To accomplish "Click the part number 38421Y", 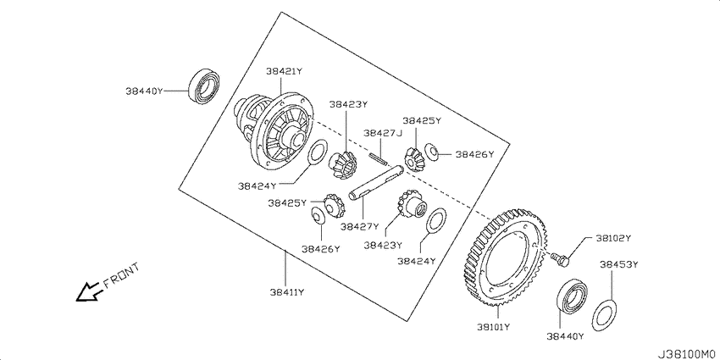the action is pos(285,71).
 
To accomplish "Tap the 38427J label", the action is pos(383,133).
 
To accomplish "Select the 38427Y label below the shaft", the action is pos(360,226).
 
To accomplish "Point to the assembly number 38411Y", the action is pos(287,291).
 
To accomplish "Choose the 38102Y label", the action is pos(614,238).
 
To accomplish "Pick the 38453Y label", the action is pos(618,264).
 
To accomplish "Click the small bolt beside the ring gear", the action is pos(561,258).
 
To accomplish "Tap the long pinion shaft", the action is pos(376,184).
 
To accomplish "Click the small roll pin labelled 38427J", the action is pos(379,158).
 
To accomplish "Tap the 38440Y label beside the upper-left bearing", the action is pos(145,91).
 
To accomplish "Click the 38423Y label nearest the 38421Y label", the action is pos(348,105).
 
